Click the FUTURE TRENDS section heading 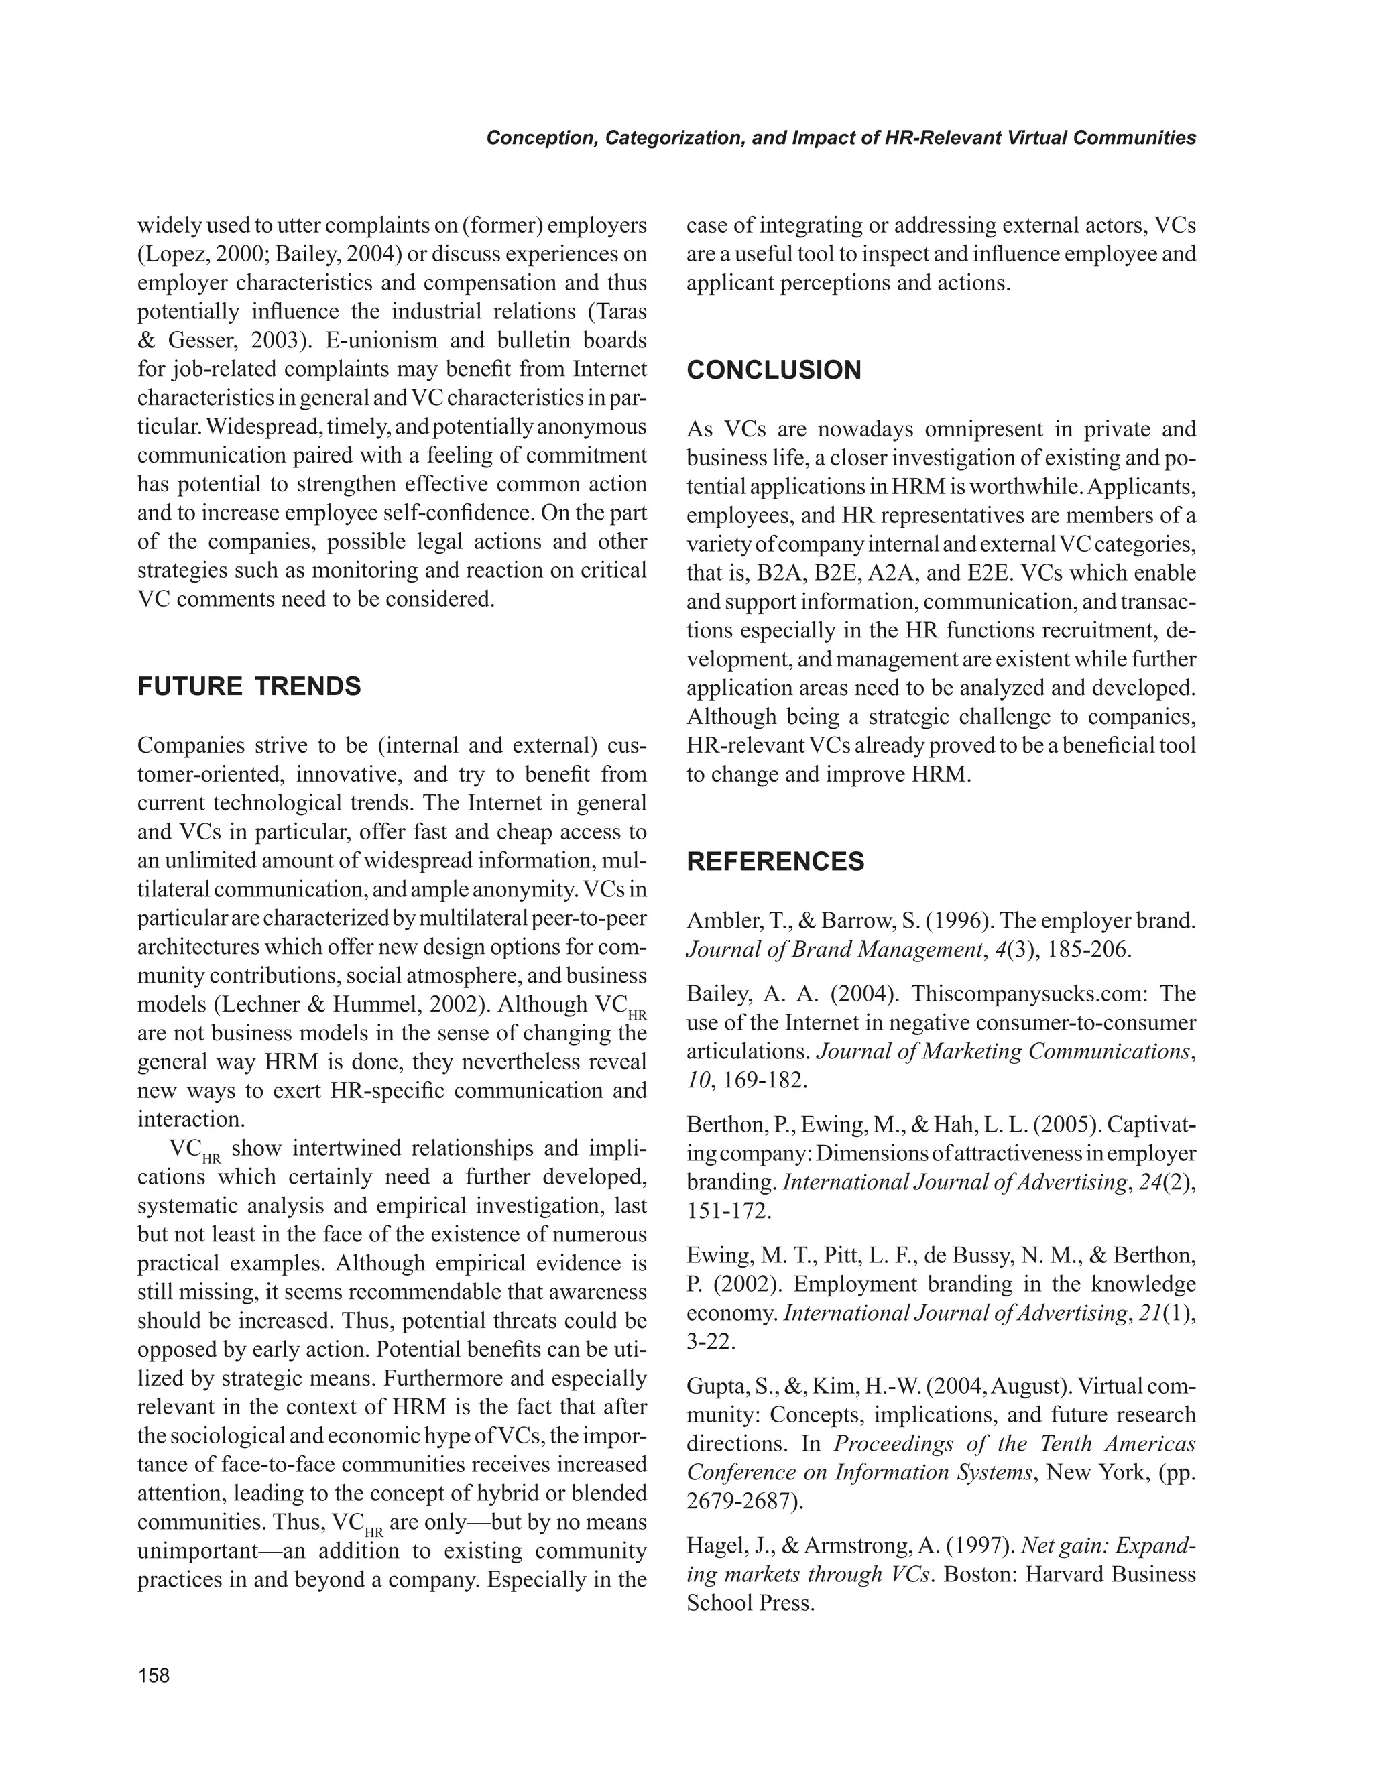click(x=249, y=687)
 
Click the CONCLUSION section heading click(x=774, y=370)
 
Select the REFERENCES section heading click(x=775, y=861)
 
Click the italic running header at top click(x=841, y=138)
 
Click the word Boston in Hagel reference click(x=978, y=1575)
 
